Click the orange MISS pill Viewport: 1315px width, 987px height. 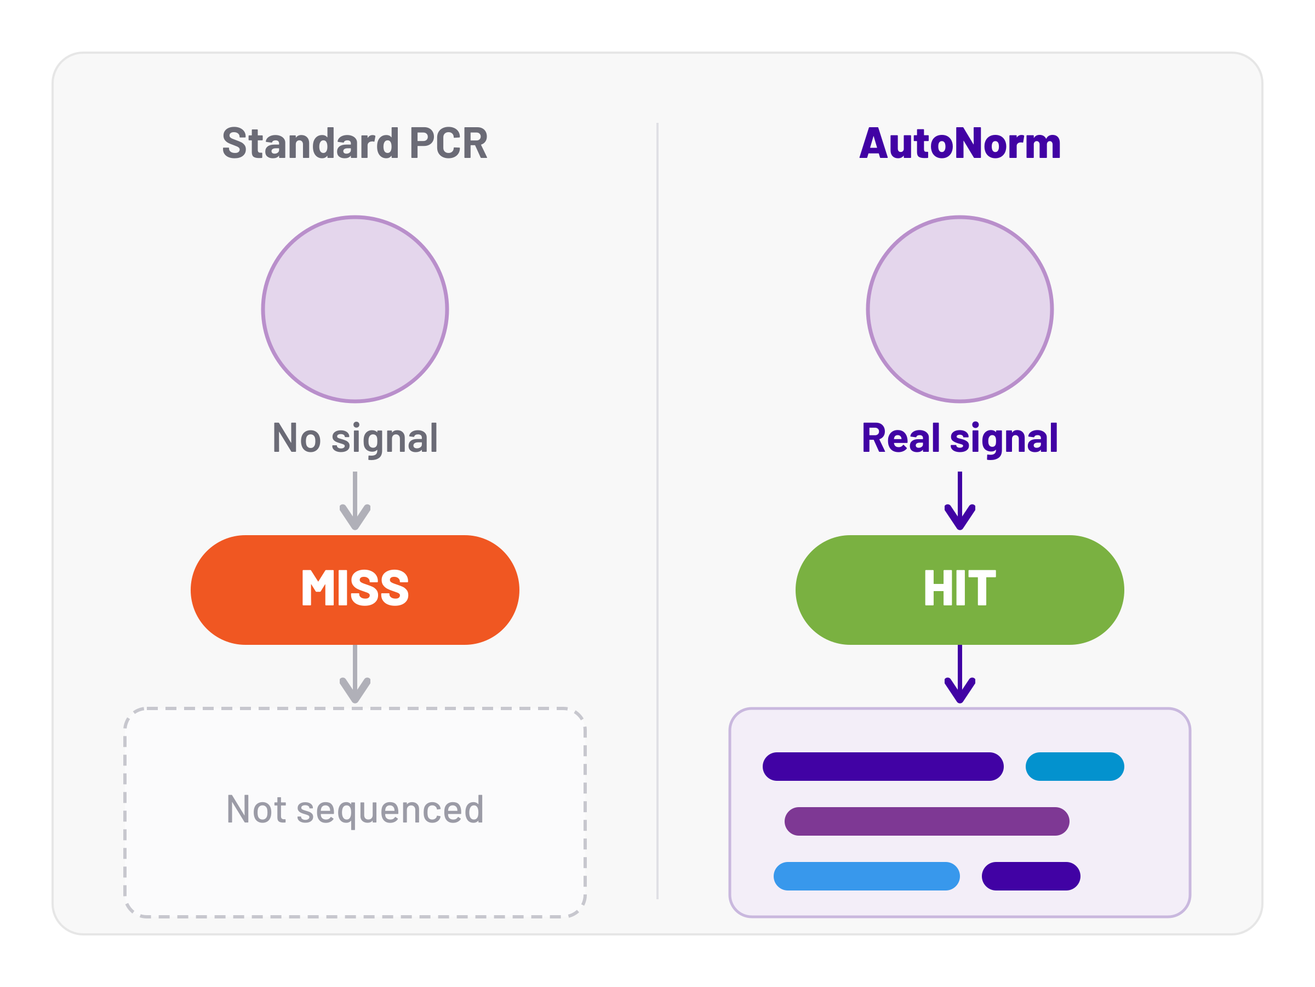[x=355, y=590]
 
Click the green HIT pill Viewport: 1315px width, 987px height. [x=960, y=590]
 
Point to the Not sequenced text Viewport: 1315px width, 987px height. [x=355, y=810]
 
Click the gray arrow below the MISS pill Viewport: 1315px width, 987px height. [x=355, y=674]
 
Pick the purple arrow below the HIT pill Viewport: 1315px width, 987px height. [x=960, y=674]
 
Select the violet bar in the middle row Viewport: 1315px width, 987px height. [x=927, y=821]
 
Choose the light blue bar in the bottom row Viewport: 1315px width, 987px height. [x=867, y=876]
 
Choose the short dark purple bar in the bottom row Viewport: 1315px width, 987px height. [x=1031, y=876]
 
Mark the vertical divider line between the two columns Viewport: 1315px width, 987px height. [x=658, y=511]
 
